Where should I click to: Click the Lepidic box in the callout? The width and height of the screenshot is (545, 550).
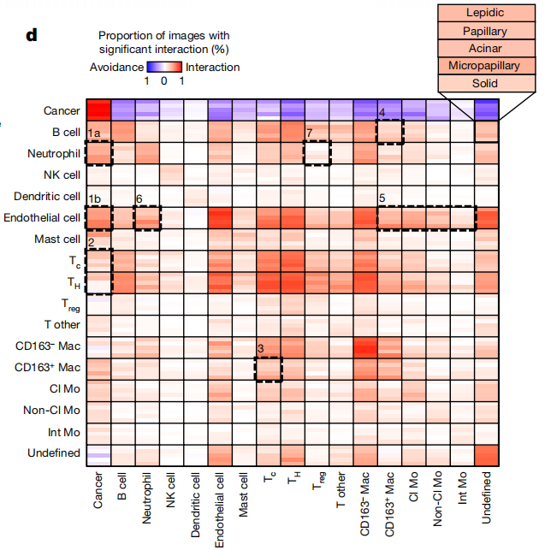coord(485,13)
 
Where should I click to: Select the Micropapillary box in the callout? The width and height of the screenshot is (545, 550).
coord(485,66)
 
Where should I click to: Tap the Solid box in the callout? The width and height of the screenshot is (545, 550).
coord(485,84)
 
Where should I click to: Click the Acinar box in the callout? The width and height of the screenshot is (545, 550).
coord(485,48)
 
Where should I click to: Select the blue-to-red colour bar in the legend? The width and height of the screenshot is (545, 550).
coord(163,67)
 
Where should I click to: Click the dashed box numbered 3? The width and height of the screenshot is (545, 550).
coord(268,368)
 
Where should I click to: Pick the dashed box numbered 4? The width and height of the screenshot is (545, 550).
coord(390,132)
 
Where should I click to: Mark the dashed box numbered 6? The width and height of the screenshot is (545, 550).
coord(147,218)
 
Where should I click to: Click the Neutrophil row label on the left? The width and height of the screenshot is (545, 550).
coord(55,154)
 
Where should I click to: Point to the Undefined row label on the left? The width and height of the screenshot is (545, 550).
coord(54,453)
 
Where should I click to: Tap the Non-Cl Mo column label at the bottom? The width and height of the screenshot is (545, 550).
coord(440,506)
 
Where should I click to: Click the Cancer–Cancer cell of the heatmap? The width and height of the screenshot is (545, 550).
coord(98,110)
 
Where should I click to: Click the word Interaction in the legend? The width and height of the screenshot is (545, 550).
coord(213,67)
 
